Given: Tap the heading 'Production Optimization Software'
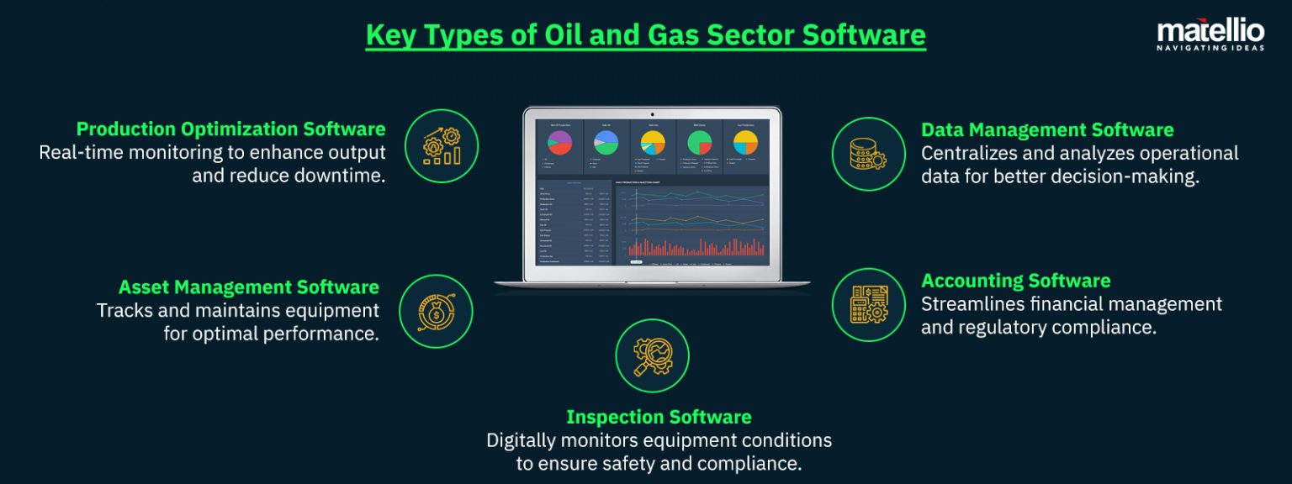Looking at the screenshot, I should [230, 129].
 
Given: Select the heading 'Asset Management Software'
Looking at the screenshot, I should [248, 287].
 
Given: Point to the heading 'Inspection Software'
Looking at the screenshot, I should [659, 417].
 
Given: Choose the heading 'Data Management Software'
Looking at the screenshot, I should [1047, 130].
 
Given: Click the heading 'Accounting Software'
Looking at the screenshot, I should [1015, 281].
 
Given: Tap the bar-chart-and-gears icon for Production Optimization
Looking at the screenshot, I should [441, 146].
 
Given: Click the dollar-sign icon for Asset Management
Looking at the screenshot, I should [436, 312].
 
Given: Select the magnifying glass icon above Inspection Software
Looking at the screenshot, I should [652, 355].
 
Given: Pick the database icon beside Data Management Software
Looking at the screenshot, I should [868, 154].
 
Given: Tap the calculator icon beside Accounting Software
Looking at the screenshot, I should [868, 304].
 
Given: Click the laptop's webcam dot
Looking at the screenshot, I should [652, 113].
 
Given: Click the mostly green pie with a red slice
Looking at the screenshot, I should [699, 143].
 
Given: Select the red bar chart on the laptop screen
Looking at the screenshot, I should [696, 246].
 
